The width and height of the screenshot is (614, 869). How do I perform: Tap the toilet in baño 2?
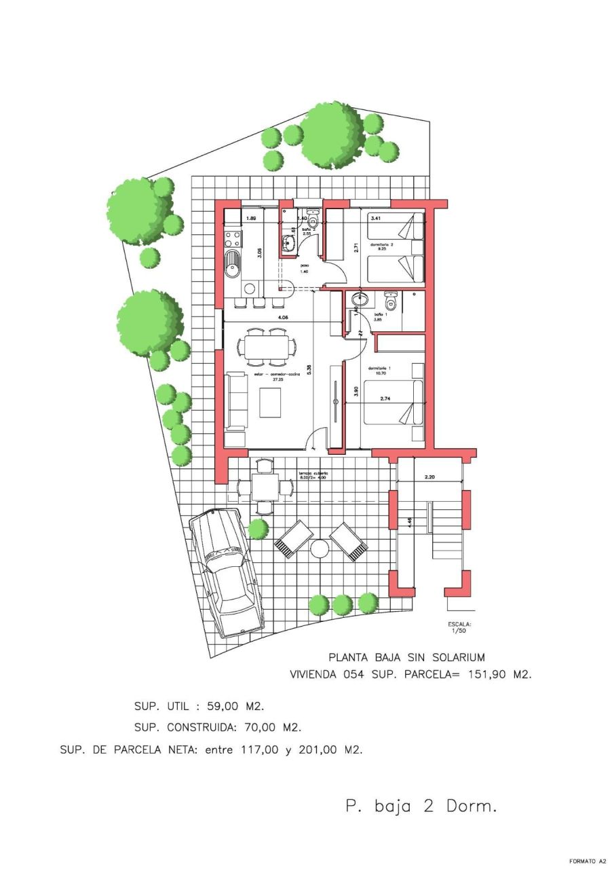point(313,221)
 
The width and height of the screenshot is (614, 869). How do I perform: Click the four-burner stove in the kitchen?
point(233,239)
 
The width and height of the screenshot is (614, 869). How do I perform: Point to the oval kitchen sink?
point(233,263)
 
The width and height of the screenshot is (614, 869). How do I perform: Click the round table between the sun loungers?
point(319,547)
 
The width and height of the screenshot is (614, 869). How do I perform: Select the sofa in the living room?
point(236,401)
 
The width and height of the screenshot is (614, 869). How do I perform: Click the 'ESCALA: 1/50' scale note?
point(459,627)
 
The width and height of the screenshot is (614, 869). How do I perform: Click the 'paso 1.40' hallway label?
point(305,268)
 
